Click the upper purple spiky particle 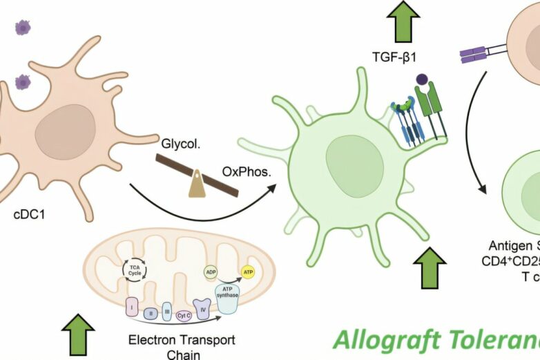coord(22,28)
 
